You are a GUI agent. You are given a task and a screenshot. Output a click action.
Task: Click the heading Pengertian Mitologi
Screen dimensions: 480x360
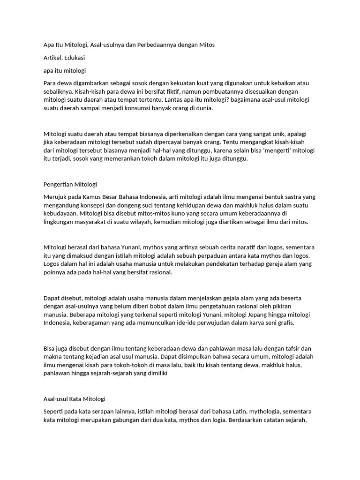[x=70, y=184]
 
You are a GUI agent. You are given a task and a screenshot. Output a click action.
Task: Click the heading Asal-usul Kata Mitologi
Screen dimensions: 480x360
[x=75, y=399]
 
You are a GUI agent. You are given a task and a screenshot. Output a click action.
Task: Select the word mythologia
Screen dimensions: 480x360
[x=269, y=411]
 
